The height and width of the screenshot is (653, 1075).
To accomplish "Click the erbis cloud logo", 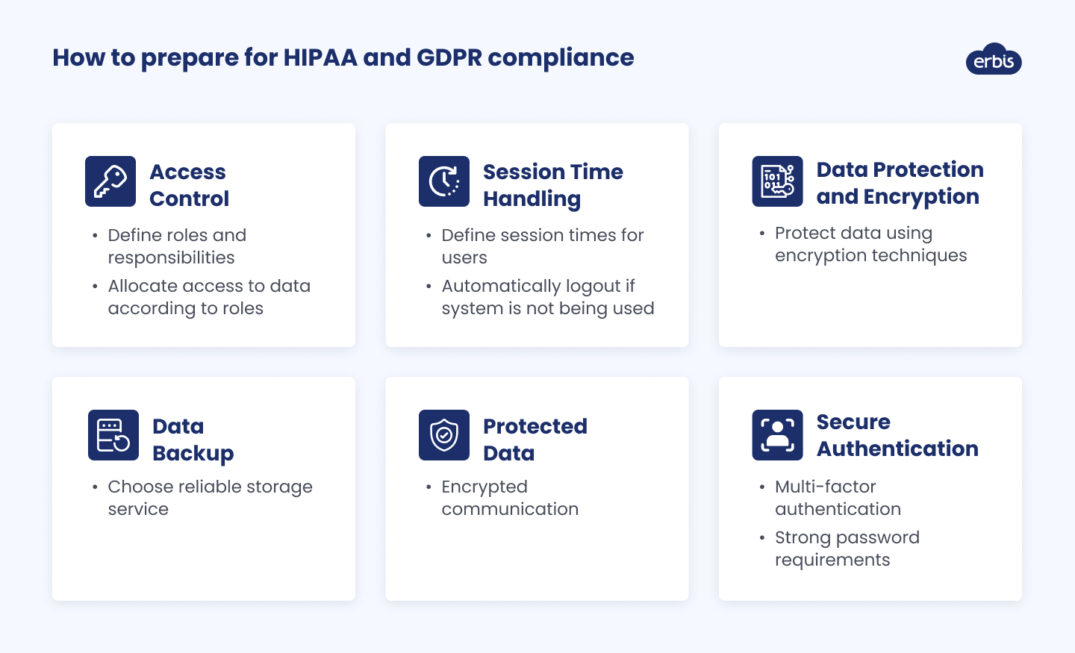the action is tap(994, 59).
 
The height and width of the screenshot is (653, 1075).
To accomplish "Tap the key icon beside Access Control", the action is tap(110, 181).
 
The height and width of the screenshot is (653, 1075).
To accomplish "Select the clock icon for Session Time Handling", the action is tap(444, 181).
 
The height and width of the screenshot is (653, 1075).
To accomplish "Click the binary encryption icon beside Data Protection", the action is tap(777, 181).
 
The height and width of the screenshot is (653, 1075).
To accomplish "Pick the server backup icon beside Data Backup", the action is tap(113, 435).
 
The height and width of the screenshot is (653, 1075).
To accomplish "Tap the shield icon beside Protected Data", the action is tap(444, 435).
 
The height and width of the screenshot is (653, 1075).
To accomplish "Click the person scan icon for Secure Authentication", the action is tap(777, 435).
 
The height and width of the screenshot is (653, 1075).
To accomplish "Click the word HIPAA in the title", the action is tap(320, 57).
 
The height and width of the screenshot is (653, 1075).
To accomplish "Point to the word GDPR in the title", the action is tap(449, 57).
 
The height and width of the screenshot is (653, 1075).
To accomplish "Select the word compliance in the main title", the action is tap(561, 58).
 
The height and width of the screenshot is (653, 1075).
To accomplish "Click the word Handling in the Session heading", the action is tap(532, 199).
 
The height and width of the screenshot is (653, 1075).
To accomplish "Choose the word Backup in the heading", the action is tap(193, 454).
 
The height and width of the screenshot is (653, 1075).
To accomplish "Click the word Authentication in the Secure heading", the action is tap(897, 449).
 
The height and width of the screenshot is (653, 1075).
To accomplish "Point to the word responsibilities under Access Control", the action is tap(172, 258).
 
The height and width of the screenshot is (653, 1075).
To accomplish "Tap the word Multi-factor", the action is tap(826, 487).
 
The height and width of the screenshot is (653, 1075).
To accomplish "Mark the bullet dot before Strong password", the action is tap(762, 538).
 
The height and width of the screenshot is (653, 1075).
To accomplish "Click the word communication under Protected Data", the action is tap(510, 509).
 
